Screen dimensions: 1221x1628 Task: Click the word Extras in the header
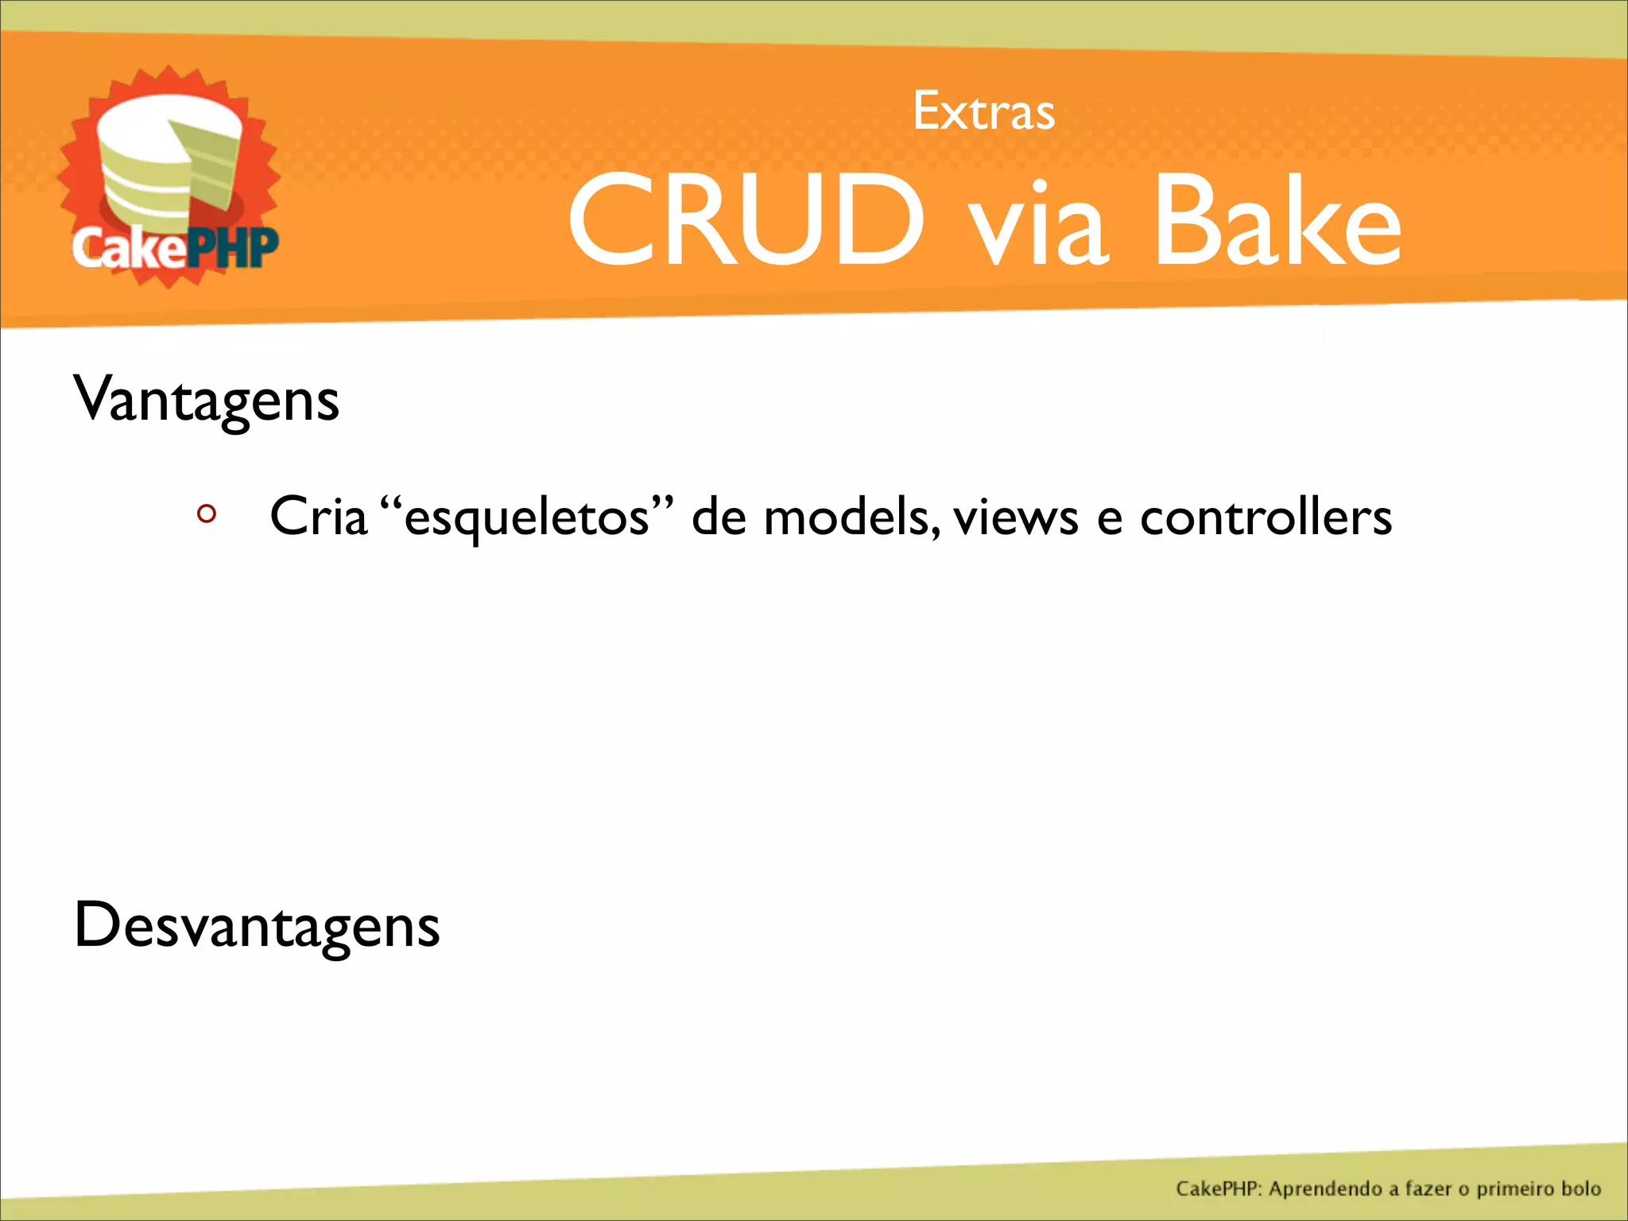pyautogui.click(x=983, y=111)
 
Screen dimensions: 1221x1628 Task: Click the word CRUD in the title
pyautogui.click(x=746, y=220)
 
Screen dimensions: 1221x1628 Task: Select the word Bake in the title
pyautogui.click(x=1277, y=220)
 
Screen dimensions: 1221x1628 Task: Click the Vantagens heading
pyautogui.click(x=206, y=400)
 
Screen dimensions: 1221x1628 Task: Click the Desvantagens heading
pyautogui.click(x=256, y=925)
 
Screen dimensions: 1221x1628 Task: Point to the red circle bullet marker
pyautogui.click(x=207, y=514)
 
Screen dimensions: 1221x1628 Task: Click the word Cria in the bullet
pyautogui.click(x=318, y=517)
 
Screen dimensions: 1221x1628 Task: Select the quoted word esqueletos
pyautogui.click(x=526, y=517)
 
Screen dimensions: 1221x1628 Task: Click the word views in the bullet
pyautogui.click(x=1015, y=517)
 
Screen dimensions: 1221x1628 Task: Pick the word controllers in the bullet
pyautogui.click(x=1266, y=517)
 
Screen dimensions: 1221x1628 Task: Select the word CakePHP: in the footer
pyautogui.click(x=1218, y=1188)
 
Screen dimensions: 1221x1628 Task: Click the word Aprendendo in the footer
pyautogui.click(x=1325, y=1188)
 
